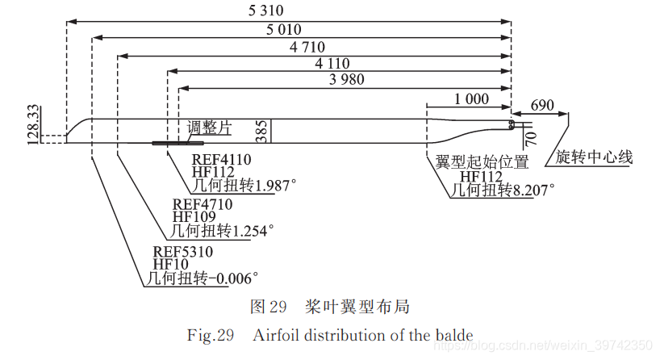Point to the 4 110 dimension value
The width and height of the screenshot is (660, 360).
(x=333, y=64)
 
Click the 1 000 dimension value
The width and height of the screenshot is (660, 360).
(x=471, y=99)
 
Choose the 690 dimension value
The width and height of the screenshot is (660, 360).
(x=543, y=105)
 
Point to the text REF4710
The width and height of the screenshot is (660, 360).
(x=202, y=204)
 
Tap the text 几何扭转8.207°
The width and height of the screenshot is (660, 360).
(x=502, y=190)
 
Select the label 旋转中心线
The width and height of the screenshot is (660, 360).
(x=594, y=157)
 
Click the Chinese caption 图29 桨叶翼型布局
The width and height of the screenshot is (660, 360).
(x=329, y=307)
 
